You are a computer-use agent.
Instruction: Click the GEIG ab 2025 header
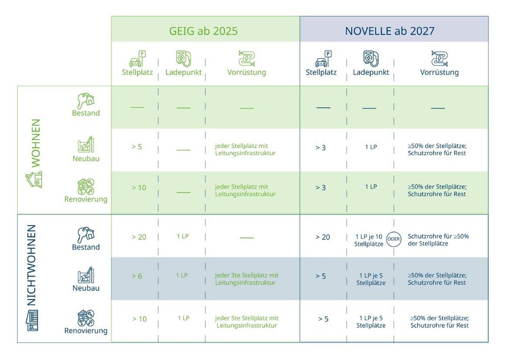203,31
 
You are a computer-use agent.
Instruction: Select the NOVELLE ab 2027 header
389,31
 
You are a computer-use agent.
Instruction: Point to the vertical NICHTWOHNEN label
32,265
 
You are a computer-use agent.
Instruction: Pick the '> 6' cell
136,276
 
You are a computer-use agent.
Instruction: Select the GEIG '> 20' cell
138,237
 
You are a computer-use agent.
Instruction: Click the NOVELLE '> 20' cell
322,237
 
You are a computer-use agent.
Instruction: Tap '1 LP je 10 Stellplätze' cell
369,240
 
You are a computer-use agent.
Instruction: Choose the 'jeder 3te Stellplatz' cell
246,279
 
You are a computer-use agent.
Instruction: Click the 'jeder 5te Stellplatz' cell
246,321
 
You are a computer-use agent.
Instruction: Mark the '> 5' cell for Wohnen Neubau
136,147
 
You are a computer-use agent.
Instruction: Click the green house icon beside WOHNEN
34,179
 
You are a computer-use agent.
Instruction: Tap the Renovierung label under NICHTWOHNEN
86,331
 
